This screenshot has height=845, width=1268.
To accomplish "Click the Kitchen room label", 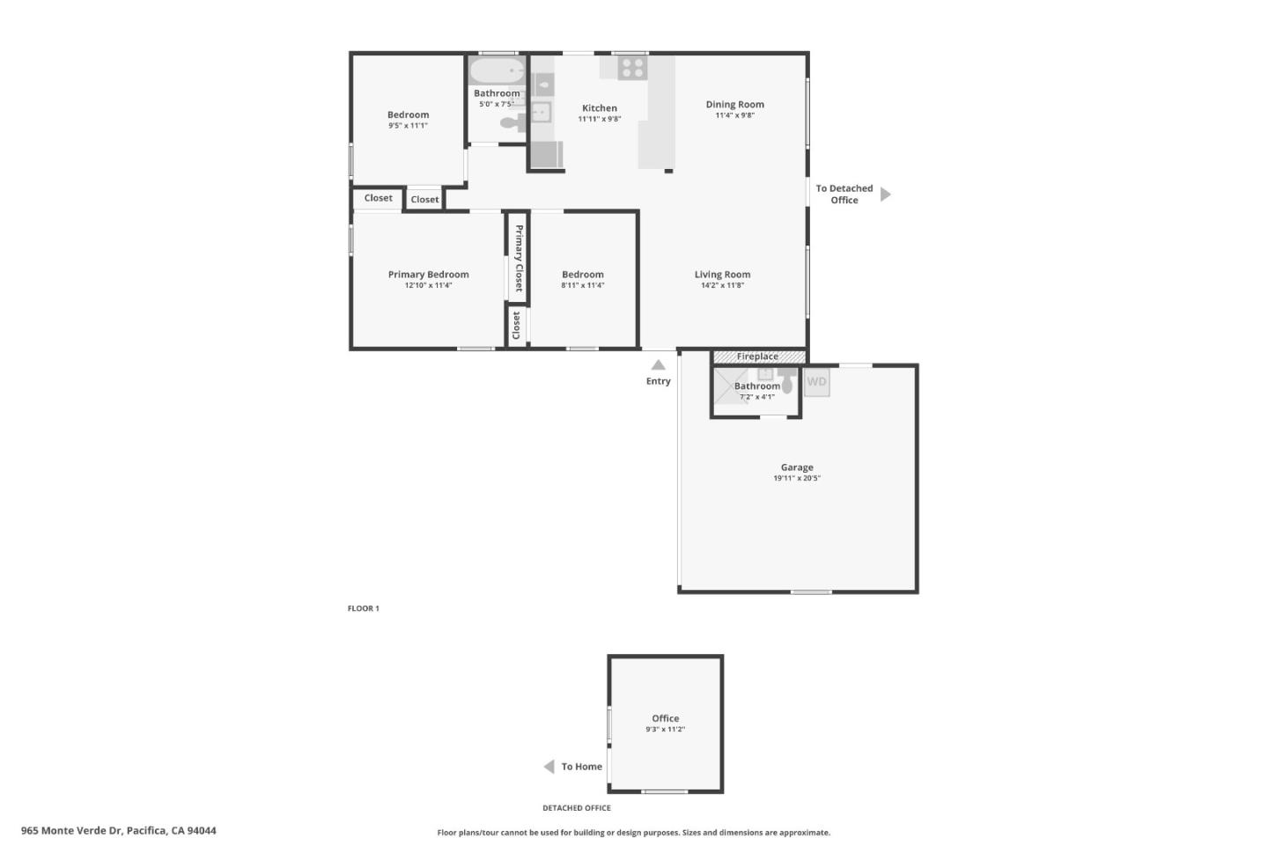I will tap(599, 108).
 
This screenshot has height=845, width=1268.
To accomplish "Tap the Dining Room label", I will tap(734, 105).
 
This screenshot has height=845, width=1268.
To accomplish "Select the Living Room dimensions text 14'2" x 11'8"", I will tap(722, 285).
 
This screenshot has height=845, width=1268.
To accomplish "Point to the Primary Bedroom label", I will tap(428, 275).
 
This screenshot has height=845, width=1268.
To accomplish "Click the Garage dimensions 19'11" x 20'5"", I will tap(796, 478).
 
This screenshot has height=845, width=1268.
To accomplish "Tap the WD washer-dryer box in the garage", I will tap(816, 382).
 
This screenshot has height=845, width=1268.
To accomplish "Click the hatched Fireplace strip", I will tap(758, 356).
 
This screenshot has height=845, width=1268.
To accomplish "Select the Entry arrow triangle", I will tap(658, 364).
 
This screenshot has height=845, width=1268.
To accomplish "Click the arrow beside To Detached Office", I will tap(885, 194).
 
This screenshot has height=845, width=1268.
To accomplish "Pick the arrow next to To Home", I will tap(549, 767).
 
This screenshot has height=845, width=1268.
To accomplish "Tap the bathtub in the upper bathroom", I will tap(496, 71).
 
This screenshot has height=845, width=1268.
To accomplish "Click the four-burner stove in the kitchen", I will tap(631, 68).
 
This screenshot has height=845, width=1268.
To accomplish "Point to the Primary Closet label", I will tap(519, 258).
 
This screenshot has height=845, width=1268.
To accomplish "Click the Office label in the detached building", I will tap(665, 718).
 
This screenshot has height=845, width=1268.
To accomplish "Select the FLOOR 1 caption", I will tap(363, 608).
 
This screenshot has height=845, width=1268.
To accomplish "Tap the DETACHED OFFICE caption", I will tap(576, 808).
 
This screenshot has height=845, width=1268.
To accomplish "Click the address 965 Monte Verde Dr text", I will tap(118, 830).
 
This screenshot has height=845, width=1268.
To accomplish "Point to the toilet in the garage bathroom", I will tap(786, 384).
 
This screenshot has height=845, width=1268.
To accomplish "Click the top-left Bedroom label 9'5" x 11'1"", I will tap(408, 114).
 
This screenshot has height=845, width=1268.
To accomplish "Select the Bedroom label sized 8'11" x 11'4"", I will tap(582, 275).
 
